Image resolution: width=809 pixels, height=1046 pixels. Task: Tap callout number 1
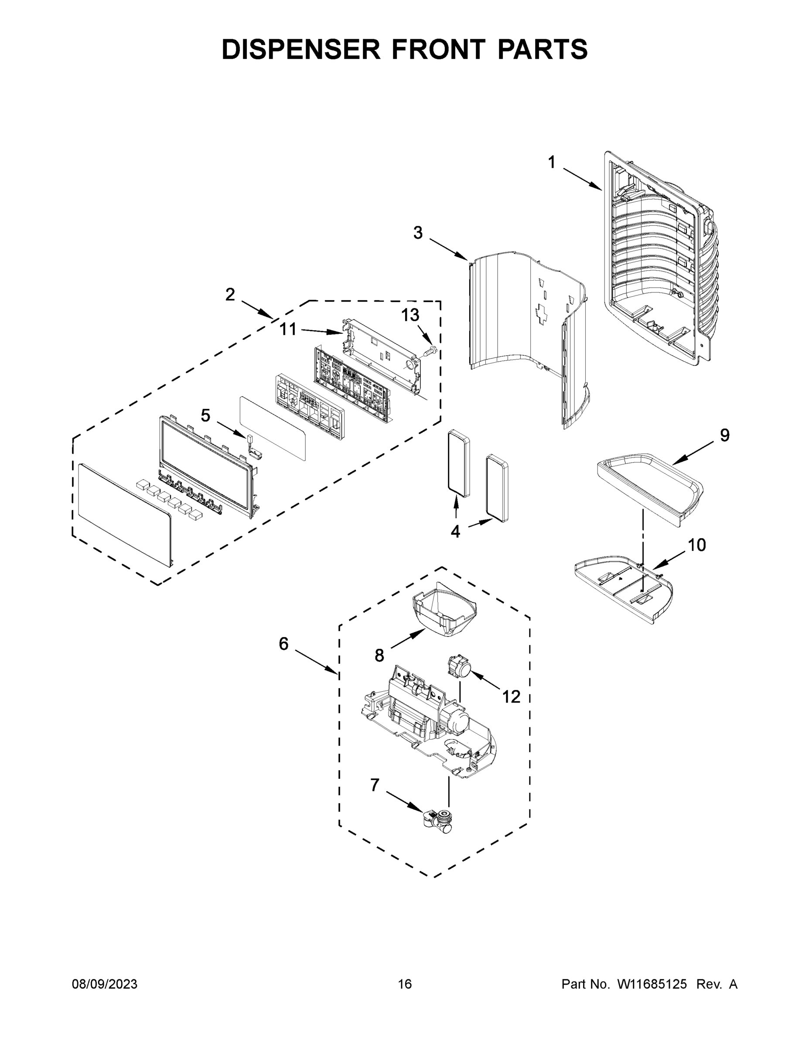(552, 163)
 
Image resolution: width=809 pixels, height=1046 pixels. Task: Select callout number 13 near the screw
(410, 315)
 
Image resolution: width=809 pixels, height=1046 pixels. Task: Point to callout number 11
(288, 329)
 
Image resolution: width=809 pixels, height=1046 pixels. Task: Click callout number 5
(205, 415)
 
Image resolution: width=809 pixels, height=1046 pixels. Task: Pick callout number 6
(284, 644)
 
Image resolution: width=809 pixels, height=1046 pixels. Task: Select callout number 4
(455, 531)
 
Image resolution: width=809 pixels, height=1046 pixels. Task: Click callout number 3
(418, 233)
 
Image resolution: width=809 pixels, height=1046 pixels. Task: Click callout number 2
(230, 295)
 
